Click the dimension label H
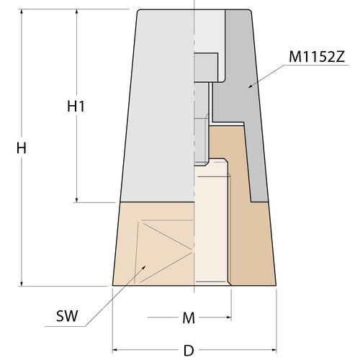point(22,148)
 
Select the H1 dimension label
point(76,106)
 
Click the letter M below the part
point(189,316)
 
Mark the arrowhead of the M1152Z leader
point(249,86)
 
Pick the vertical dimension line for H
point(22,216)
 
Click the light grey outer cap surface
point(158,108)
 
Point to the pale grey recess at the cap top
point(209,32)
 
